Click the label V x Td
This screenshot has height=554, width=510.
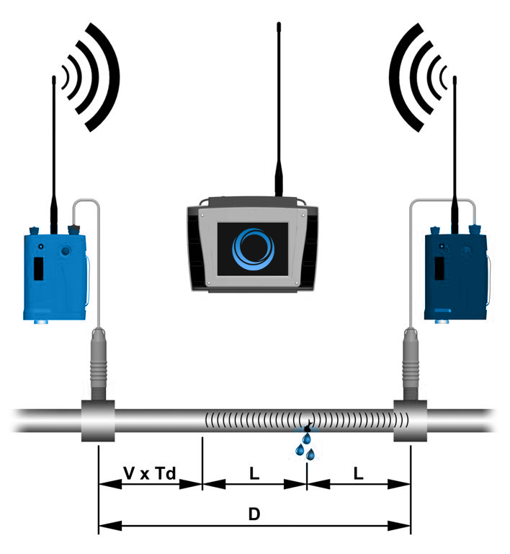coord(150,473)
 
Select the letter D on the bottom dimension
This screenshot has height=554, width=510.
coord(254,514)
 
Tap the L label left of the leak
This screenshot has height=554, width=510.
coord(254,473)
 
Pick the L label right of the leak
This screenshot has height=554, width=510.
coord(358,473)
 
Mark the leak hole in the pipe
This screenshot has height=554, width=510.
coord(307,426)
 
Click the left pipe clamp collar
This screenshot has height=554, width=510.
coord(98,421)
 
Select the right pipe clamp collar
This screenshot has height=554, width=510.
coord(410,421)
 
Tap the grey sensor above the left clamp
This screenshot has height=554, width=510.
coord(99,364)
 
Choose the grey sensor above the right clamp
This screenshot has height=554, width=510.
coord(411,364)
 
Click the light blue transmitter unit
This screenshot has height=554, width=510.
coord(55,276)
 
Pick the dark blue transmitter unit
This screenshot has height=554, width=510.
coord(457,276)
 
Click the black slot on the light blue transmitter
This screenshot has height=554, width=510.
coord(38,268)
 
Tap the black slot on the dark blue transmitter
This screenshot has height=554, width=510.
coord(439,268)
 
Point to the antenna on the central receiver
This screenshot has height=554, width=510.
coord(279,110)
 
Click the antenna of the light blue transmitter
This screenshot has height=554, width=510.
coord(54,155)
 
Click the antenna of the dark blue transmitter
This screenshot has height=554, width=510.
coord(455,155)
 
